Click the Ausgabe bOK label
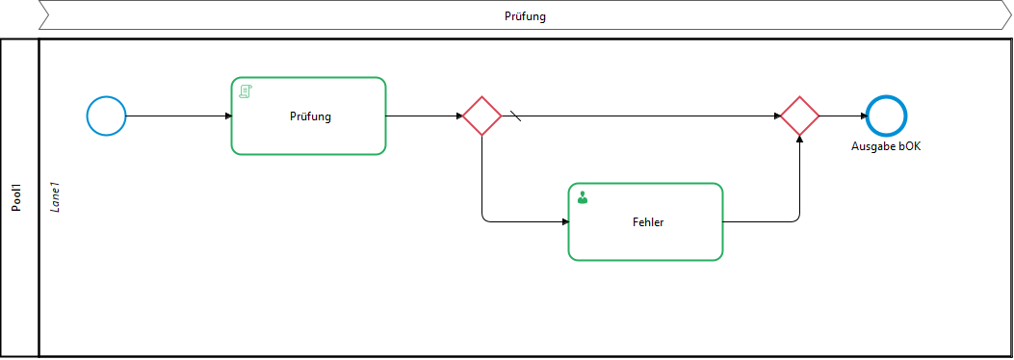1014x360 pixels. pyautogui.click(x=885, y=146)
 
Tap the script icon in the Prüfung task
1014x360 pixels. pyautogui.click(x=246, y=91)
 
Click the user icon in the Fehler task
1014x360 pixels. pyautogui.click(x=583, y=197)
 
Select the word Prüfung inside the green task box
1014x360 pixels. pyautogui.click(x=310, y=117)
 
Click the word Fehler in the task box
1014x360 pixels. pyautogui.click(x=648, y=222)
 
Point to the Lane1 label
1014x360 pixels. pyautogui.click(x=56, y=197)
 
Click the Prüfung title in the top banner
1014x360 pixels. pyautogui.click(x=525, y=16)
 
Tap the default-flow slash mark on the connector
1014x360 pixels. pyautogui.click(x=515, y=116)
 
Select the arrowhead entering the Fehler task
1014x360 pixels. pyautogui.click(x=565, y=222)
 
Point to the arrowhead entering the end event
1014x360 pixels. pyautogui.click(x=863, y=116)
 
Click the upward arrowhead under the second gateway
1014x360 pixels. pyautogui.click(x=799, y=140)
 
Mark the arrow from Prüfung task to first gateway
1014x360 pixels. pyautogui.click(x=425, y=116)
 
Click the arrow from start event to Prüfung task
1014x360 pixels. pyautogui.click(x=178, y=116)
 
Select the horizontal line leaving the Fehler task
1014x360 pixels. pyautogui.click(x=758, y=222)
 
